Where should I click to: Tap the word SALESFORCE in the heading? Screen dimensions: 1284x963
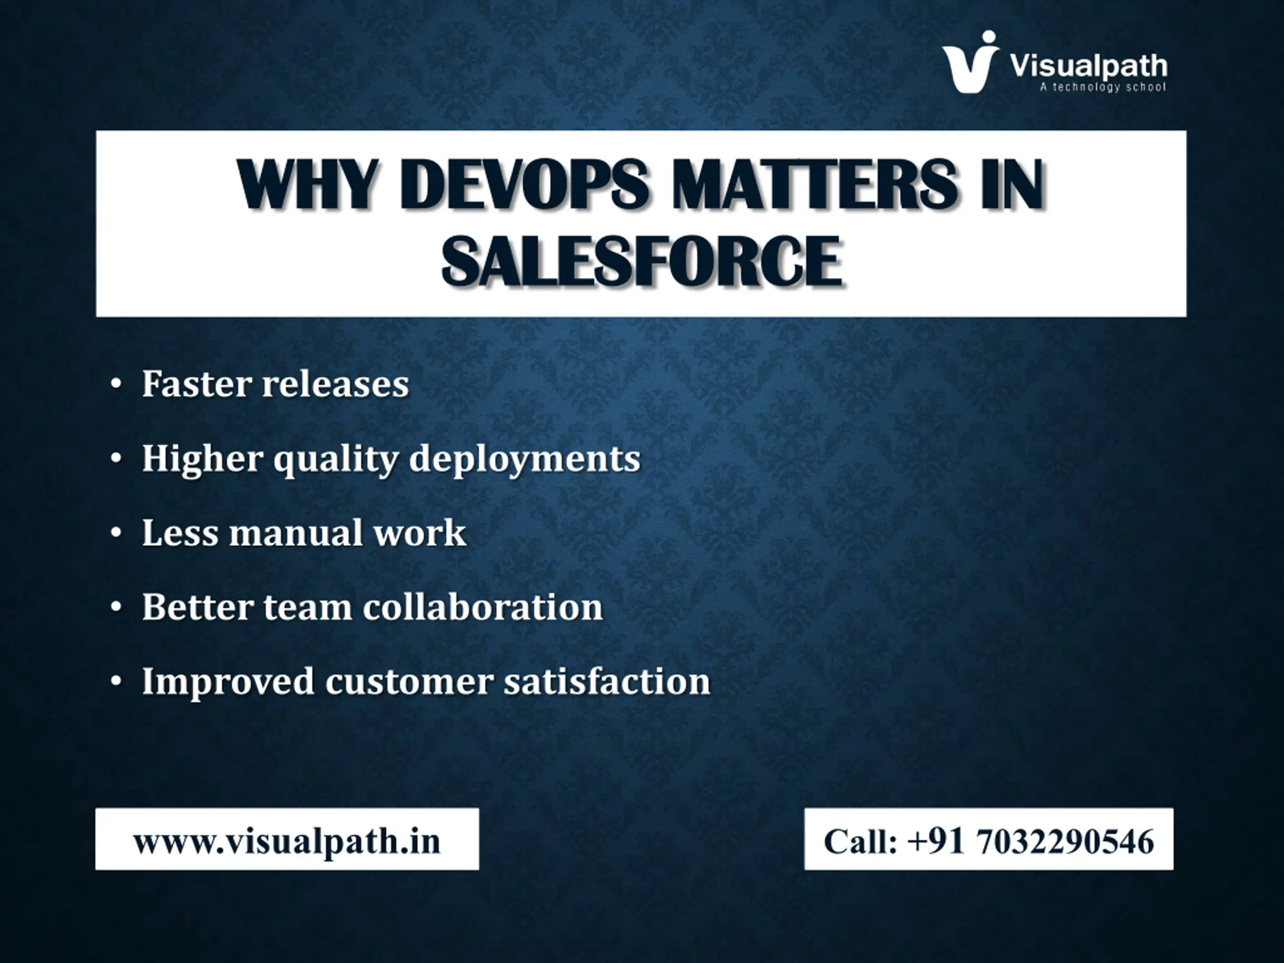coord(641,262)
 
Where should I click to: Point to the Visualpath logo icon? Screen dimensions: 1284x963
coord(971,62)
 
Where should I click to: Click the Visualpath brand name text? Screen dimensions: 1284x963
coord(1088,66)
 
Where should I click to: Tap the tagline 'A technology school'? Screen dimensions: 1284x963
coord(1102,87)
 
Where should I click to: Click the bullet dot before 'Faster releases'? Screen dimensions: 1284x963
coord(116,385)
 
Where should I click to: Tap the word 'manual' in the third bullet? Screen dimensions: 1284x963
coord(295,532)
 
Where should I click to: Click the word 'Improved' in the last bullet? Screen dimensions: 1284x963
coord(228,682)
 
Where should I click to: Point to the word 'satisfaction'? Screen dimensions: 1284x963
coord(607,681)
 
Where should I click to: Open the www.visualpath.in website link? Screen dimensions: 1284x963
coord(287,842)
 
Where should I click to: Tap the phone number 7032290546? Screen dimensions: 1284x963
coord(1066,841)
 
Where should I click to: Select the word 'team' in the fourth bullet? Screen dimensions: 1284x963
coord(307,607)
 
